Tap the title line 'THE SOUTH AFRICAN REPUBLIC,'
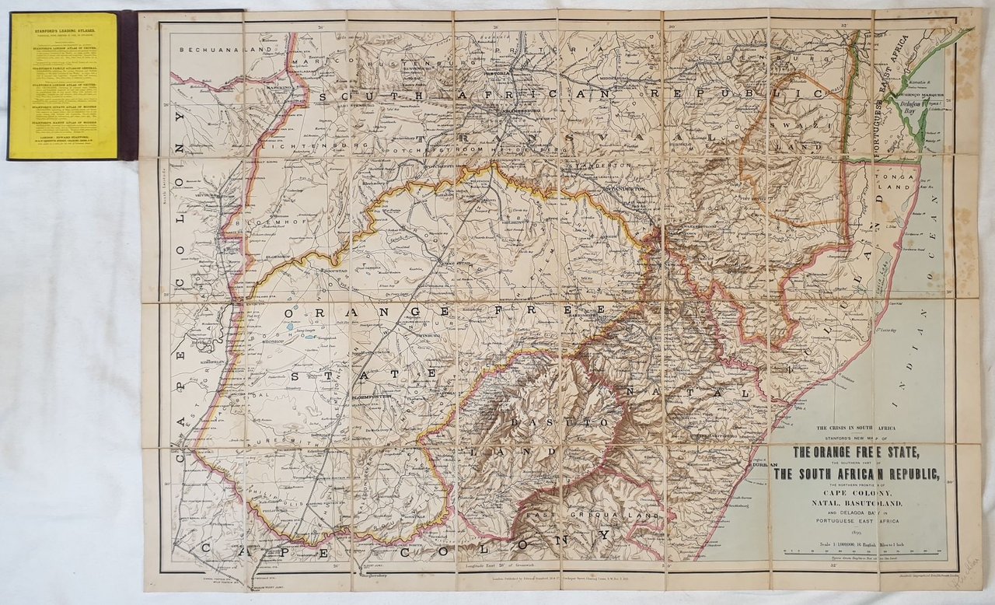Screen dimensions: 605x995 [x=858, y=475]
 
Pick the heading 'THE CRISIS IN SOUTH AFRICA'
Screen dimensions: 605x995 [x=858, y=428]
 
